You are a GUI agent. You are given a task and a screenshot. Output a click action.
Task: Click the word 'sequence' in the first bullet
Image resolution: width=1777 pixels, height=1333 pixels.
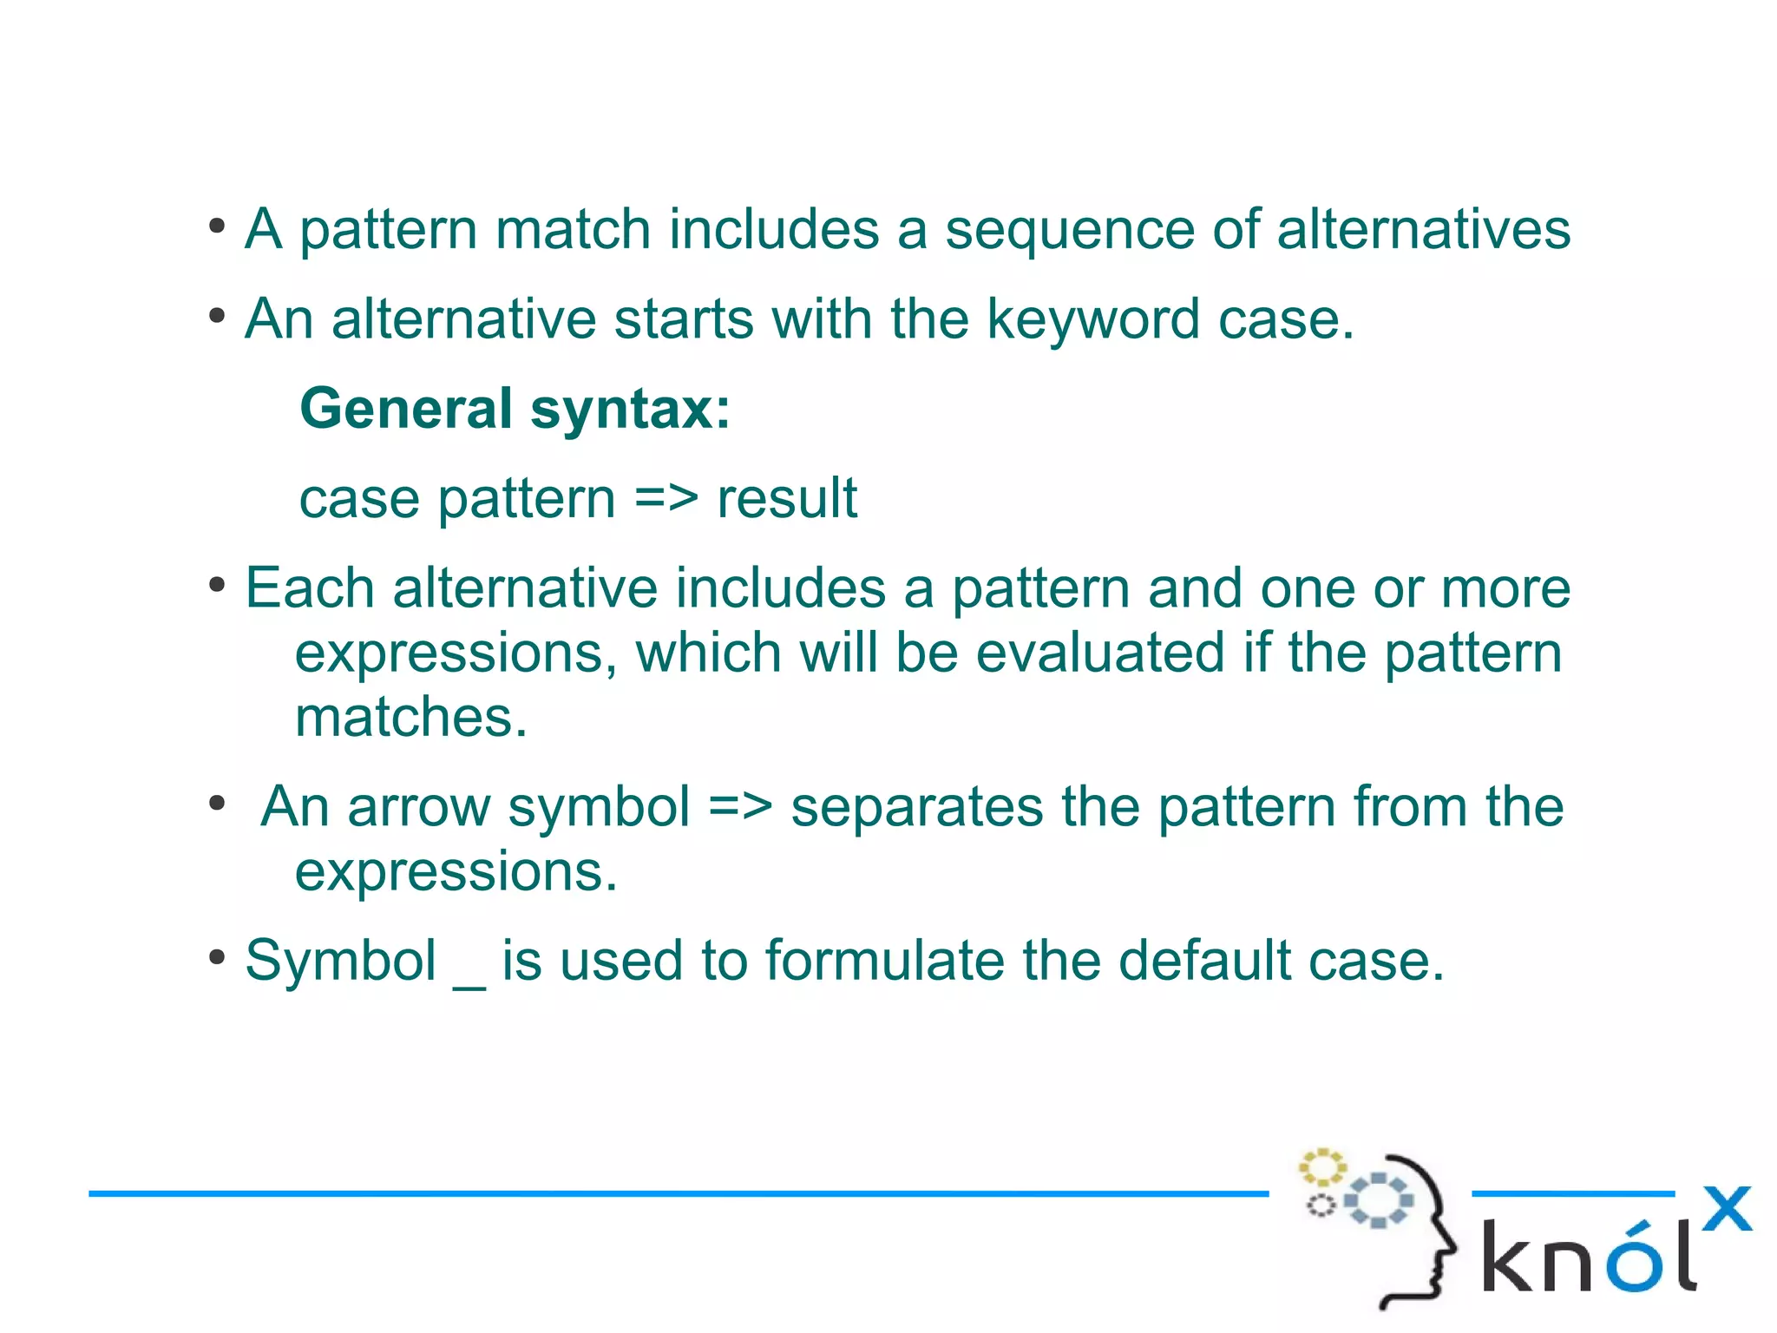pos(1069,230)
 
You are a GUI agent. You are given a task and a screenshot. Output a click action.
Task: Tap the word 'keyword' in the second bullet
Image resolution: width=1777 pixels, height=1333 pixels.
pos(1093,319)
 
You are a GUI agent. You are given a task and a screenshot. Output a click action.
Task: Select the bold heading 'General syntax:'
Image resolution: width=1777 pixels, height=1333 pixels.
pos(515,409)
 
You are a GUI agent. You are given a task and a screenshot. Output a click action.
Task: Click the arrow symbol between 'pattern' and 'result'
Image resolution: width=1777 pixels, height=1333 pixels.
pos(666,499)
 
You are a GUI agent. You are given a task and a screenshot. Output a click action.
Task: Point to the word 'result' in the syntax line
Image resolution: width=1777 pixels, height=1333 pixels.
pos(786,499)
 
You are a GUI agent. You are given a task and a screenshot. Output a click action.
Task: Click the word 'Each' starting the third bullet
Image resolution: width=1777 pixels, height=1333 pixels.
pos(309,588)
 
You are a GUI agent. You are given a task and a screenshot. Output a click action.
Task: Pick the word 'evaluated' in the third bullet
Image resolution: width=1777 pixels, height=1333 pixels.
pos(1100,653)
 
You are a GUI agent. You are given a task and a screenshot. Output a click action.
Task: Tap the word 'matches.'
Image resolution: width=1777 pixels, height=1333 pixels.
pos(411,718)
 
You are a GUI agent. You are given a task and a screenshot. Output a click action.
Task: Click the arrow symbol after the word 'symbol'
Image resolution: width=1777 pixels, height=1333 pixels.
pos(739,807)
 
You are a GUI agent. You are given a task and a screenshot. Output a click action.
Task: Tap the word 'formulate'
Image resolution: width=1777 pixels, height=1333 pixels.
pos(884,962)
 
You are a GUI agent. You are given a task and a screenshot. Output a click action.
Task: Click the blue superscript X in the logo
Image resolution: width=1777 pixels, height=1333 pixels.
pos(1726,1209)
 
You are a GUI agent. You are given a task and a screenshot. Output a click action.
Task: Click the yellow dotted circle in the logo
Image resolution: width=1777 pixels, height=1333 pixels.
pos(1321,1167)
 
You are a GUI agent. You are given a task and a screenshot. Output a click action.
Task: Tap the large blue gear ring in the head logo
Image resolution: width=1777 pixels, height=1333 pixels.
pos(1378,1200)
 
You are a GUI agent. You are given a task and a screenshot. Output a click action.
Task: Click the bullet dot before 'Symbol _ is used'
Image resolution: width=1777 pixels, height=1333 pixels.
pos(217,959)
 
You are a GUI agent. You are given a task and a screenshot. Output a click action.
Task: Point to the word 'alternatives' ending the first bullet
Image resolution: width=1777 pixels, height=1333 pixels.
pos(1423,230)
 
